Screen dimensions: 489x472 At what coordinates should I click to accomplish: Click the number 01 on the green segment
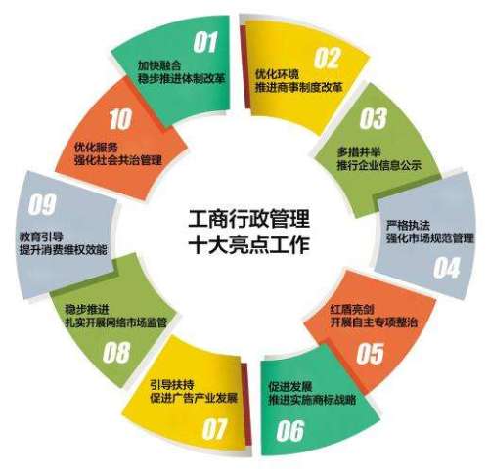[205, 42]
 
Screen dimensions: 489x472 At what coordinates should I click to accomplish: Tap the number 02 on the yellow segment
[327, 58]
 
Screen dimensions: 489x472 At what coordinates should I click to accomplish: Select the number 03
[373, 118]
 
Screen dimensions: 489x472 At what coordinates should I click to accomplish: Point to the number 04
[446, 268]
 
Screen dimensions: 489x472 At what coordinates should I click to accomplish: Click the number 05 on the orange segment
[370, 353]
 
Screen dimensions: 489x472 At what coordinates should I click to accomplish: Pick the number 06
[290, 430]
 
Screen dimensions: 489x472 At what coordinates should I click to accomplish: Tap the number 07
[214, 429]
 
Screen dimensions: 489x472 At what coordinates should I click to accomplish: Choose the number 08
[116, 353]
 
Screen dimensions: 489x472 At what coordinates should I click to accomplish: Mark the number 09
[42, 204]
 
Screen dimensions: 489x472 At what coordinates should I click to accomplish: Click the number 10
[120, 119]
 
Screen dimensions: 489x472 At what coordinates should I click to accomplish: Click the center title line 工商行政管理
[249, 219]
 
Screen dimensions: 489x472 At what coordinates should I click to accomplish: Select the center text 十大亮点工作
[249, 244]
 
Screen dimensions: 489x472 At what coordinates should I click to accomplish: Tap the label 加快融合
[159, 65]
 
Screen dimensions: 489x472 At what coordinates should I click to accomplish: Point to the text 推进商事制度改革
[299, 87]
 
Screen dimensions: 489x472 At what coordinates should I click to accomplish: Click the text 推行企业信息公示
[379, 165]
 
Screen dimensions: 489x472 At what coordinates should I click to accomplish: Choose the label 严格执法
[408, 225]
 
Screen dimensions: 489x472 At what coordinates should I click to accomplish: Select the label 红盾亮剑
[352, 309]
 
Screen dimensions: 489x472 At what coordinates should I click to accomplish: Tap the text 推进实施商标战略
[312, 400]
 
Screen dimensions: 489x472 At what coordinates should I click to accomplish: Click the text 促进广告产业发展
[194, 398]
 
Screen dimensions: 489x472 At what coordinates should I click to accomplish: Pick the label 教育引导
[41, 236]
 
